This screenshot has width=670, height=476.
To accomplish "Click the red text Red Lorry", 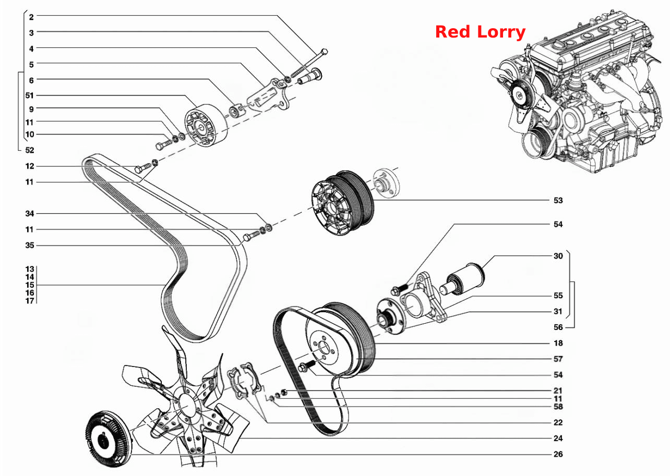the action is click(x=480, y=32).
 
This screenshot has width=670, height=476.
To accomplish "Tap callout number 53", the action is click(x=558, y=200).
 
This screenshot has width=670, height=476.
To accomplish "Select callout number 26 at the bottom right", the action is click(x=558, y=454).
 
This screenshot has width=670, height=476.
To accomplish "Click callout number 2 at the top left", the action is click(x=31, y=17).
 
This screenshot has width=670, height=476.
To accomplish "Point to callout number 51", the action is click(x=30, y=95).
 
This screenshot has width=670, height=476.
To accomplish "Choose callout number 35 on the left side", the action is click(x=30, y=246).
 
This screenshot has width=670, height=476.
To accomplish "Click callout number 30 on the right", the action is click(x=558, y=256).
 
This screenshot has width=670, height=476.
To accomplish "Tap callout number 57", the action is click(x=558, y=359).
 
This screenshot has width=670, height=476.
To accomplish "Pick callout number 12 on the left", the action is click(x=30, y=166).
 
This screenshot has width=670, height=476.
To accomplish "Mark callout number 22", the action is click(x=558, y=422).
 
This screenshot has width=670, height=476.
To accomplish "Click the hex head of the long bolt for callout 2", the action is click(x=324, y=52).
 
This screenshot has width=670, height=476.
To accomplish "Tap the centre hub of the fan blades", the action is click(x=187, y=406).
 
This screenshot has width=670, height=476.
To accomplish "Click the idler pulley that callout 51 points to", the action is click(x=206, y=126).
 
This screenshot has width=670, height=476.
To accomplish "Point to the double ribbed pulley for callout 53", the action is click(x=342, y=203).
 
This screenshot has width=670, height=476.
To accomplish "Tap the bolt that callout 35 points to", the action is click(x=252, y=236).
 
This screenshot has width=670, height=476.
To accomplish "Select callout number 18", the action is click(x=558, y=343).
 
